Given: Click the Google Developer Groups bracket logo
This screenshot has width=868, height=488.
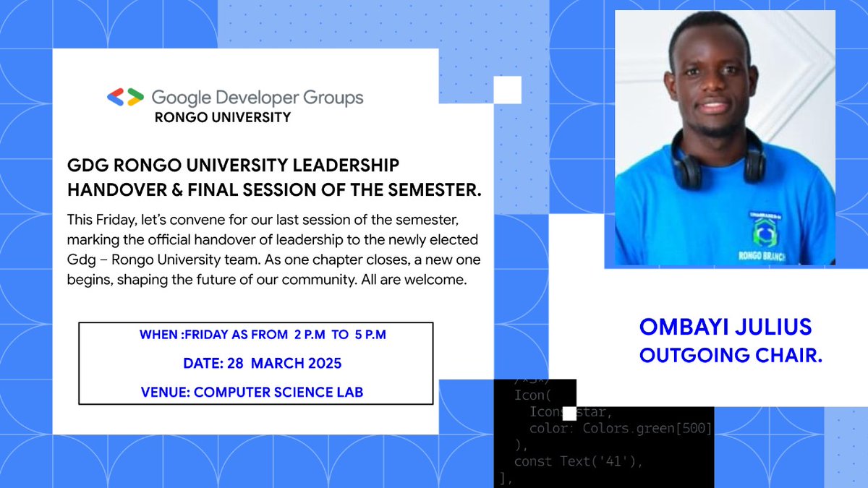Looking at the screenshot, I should pos(125,98).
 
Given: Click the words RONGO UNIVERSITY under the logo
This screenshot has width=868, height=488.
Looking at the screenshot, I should pos(223,117).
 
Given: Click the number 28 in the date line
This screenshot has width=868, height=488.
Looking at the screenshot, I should pos(236,363).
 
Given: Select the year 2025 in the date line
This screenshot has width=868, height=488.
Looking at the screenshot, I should pos(323,363).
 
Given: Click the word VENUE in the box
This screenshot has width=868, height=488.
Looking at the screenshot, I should pos(165,393).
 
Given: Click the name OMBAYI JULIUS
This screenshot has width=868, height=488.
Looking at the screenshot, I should pos(726,328).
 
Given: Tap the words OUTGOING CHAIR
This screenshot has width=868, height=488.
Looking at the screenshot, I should pos(731,356).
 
